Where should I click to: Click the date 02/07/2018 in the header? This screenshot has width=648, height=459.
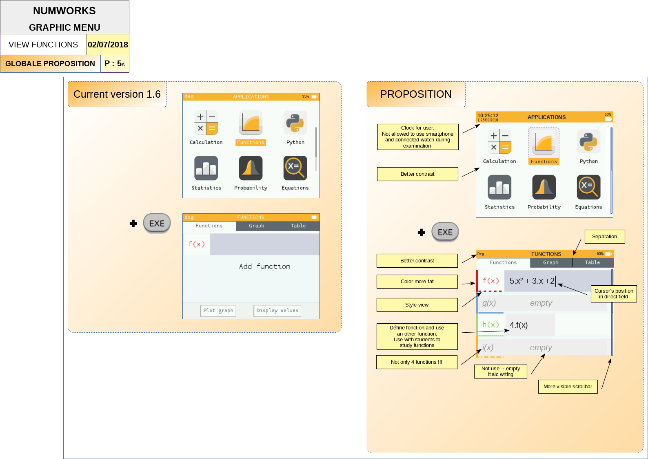click(x=108, y=45)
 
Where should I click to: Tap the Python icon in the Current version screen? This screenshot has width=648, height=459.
click(x=295, y=123)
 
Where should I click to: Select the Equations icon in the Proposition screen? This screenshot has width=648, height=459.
click(x=588, y=187)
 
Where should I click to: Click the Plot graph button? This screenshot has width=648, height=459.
click(x=218, y=311)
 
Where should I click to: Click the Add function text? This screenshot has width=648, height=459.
click(x=264, y=266)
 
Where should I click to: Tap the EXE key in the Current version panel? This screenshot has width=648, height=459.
click(x=157, y=223)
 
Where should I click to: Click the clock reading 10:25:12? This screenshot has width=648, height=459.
click(x=488, y=116)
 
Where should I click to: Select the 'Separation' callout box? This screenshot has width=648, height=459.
click(x=604, y=237)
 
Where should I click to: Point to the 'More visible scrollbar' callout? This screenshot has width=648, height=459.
click(x=568, y=387)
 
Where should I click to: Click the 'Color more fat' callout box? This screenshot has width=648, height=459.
click(x=417, y=282)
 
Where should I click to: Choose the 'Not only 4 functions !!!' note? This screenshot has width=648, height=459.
click(x=416, y=362)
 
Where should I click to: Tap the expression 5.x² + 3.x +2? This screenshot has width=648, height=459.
click(x=532, y=281)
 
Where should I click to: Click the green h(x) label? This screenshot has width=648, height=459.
click(x=490, y=325)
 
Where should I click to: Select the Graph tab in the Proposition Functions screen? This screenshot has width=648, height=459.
click(x=550, y=263)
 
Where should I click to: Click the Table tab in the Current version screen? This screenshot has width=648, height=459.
click(x=298, y=226)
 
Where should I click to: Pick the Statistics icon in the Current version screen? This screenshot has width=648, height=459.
click(x=206, y=168)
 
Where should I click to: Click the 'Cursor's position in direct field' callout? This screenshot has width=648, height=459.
click(x=614, y=293)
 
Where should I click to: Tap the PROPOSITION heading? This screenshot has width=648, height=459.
click(x=416, y=94)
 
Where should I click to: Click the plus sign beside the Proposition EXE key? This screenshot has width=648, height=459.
click(x=422, y=233)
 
